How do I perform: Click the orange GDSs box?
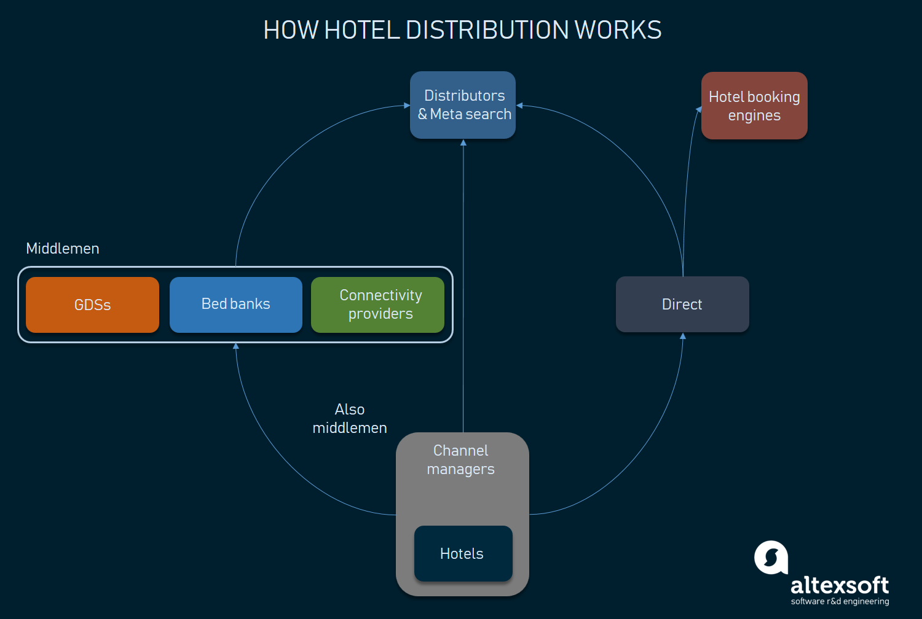point(92,305)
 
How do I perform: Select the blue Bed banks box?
point(236,305)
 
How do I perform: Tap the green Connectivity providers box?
point(377,305)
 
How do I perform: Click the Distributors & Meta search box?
point(463,105)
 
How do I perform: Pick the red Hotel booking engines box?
point(754,106)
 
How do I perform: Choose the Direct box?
point(682,305)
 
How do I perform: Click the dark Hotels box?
point(463,553)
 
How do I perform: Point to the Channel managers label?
point(461,460)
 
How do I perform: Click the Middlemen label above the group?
point(63,249)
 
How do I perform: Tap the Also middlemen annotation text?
point(350,419)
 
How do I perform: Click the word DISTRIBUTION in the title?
point(487,30)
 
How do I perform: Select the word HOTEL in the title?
point(362,30)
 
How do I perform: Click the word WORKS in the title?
point(618,30)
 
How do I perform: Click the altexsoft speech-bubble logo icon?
point(771,558)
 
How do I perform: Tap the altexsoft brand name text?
point(840,585)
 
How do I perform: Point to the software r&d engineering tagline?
point(840,602)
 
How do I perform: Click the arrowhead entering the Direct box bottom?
point(682,336)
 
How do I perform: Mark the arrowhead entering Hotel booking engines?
point(699,109)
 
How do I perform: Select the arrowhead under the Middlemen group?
point(236,346)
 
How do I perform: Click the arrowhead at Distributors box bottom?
point(463,142)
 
